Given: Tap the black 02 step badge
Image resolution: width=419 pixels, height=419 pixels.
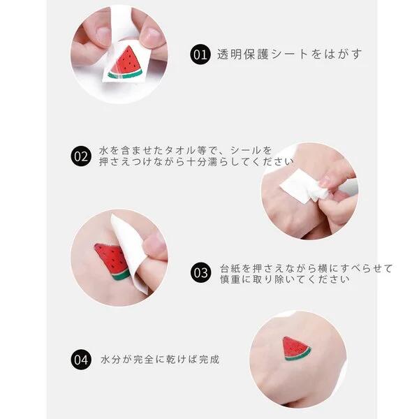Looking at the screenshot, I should tap(81, 156).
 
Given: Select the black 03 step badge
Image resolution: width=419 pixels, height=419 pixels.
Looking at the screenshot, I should tap(201, 273).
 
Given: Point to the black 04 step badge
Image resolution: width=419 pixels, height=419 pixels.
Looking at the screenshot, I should tap(81, 360).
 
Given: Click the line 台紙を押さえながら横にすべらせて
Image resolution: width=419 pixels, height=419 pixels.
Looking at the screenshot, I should tap(306, 267).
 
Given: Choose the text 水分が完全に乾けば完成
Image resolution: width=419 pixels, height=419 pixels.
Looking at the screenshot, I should tap(160, 360).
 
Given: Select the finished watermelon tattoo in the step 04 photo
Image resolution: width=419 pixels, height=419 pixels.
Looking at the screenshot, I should tap(297, 349).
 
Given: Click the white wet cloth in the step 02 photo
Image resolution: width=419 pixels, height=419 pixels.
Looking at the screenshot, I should tap(299, 186).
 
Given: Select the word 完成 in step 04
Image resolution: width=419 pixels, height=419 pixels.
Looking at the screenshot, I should tap(209, 360).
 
